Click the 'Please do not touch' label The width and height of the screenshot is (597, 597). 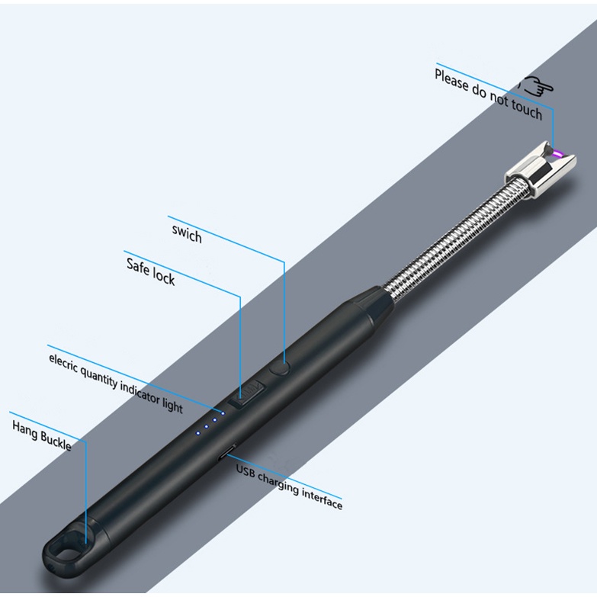[x=489, y=95]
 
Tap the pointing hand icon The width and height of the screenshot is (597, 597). [x=538, y=86]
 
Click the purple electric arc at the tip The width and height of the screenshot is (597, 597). [x=559, y=154]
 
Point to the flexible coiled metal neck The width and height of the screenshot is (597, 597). [x=449, y=241]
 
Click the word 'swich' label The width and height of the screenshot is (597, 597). [x=187, y=233]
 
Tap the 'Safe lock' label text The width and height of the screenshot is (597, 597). [x=151, y=271]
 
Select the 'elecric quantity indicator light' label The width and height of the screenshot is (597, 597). [x=116, y=384]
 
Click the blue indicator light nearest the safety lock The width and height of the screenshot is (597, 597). [x=223, y=413]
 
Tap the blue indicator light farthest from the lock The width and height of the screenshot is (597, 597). [x=197, y=433]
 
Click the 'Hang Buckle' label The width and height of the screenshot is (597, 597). [x=42, y=435]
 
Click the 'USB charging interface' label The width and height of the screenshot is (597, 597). [x=290, y=487]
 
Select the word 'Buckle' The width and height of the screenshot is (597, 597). [x=56, y=441]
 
